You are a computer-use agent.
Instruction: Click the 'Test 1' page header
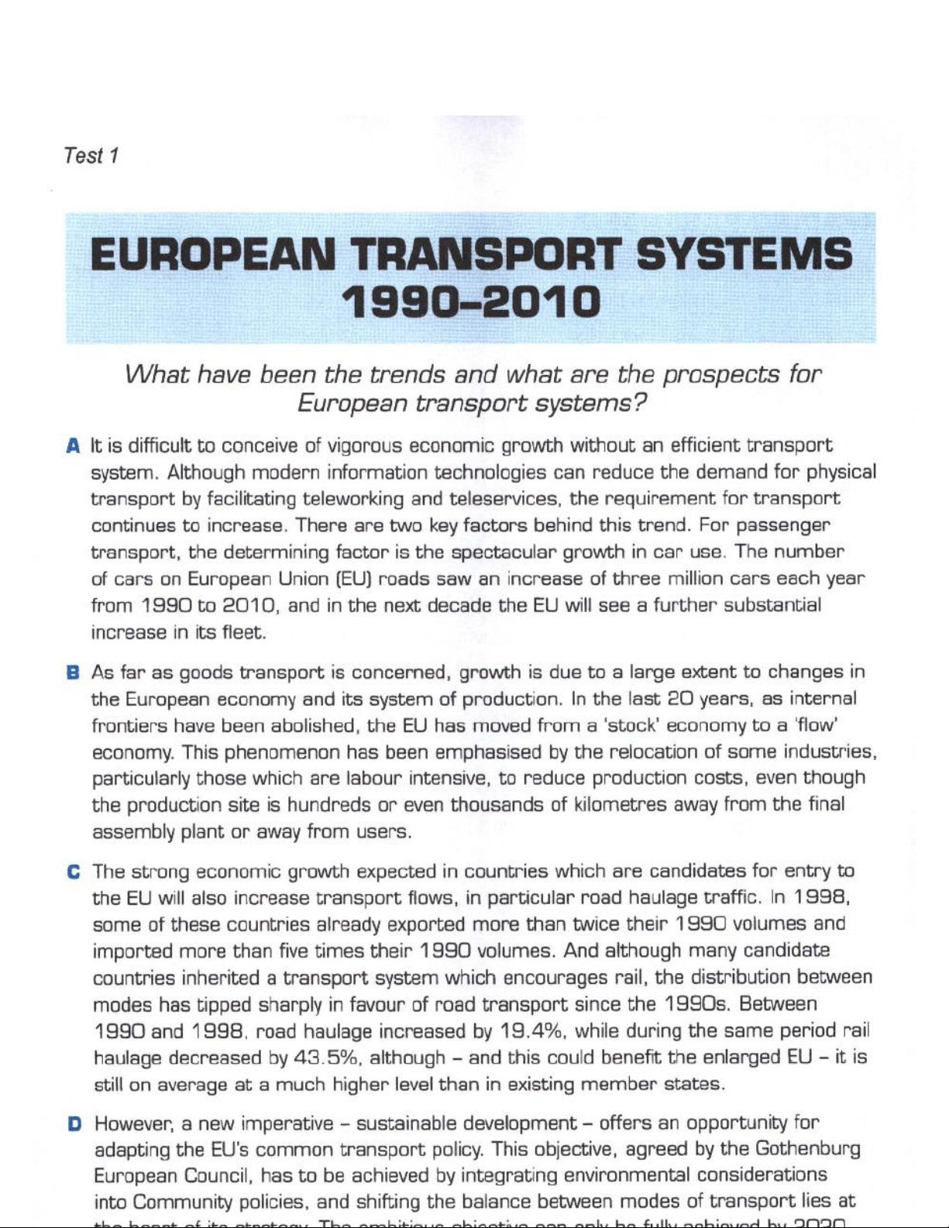point(91,156)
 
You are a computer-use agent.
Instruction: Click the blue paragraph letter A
point(74,446)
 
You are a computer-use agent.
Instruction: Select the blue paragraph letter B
point(74,672)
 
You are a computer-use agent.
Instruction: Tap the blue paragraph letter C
point(74,872)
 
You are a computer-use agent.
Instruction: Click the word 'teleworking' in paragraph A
point(351,499)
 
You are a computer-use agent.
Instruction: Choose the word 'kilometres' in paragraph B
point(619,805)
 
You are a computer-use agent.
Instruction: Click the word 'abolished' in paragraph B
point(315,726)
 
